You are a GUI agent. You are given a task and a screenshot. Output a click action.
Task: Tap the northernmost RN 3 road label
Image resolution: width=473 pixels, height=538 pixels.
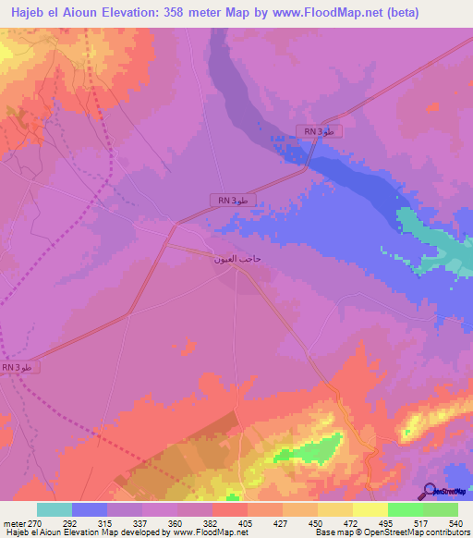pos(320,132)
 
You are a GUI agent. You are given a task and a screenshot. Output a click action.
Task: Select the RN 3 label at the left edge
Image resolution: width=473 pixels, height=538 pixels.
pos(18,367)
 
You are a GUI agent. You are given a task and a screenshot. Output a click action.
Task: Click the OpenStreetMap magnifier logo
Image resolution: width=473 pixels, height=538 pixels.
pos(431,491)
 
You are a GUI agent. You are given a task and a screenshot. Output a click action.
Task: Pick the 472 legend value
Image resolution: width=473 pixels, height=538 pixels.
pos(353,522)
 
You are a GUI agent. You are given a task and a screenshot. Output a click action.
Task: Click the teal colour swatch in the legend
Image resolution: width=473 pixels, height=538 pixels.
pos(55,509)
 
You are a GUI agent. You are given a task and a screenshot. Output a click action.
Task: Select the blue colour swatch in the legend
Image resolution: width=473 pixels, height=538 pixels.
pos(90,509)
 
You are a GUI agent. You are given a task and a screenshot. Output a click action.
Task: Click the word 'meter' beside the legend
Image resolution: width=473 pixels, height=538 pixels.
pos(14,522)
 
